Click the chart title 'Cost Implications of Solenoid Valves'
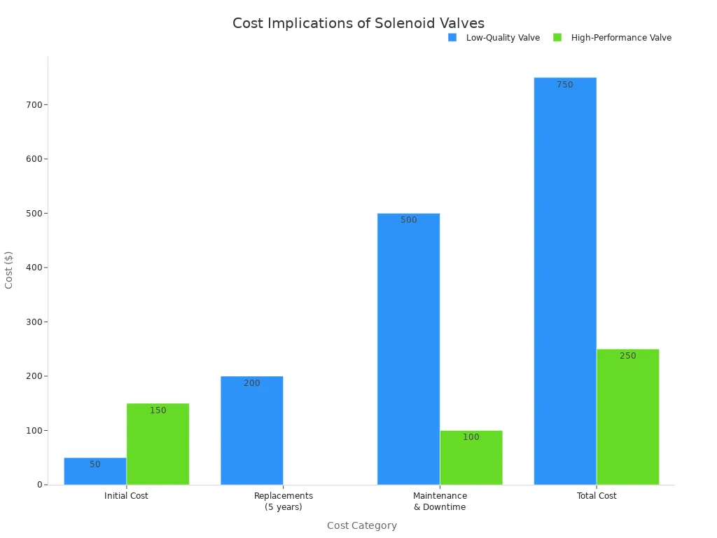358,23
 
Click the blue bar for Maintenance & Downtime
408,350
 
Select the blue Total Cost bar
564,280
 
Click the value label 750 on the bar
564,85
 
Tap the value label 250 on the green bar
627,356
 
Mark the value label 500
408,220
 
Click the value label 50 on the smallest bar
95,464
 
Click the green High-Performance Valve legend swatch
557,37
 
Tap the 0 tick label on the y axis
39,485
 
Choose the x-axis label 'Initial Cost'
126,496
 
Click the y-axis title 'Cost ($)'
9,270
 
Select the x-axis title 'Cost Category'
361,525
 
